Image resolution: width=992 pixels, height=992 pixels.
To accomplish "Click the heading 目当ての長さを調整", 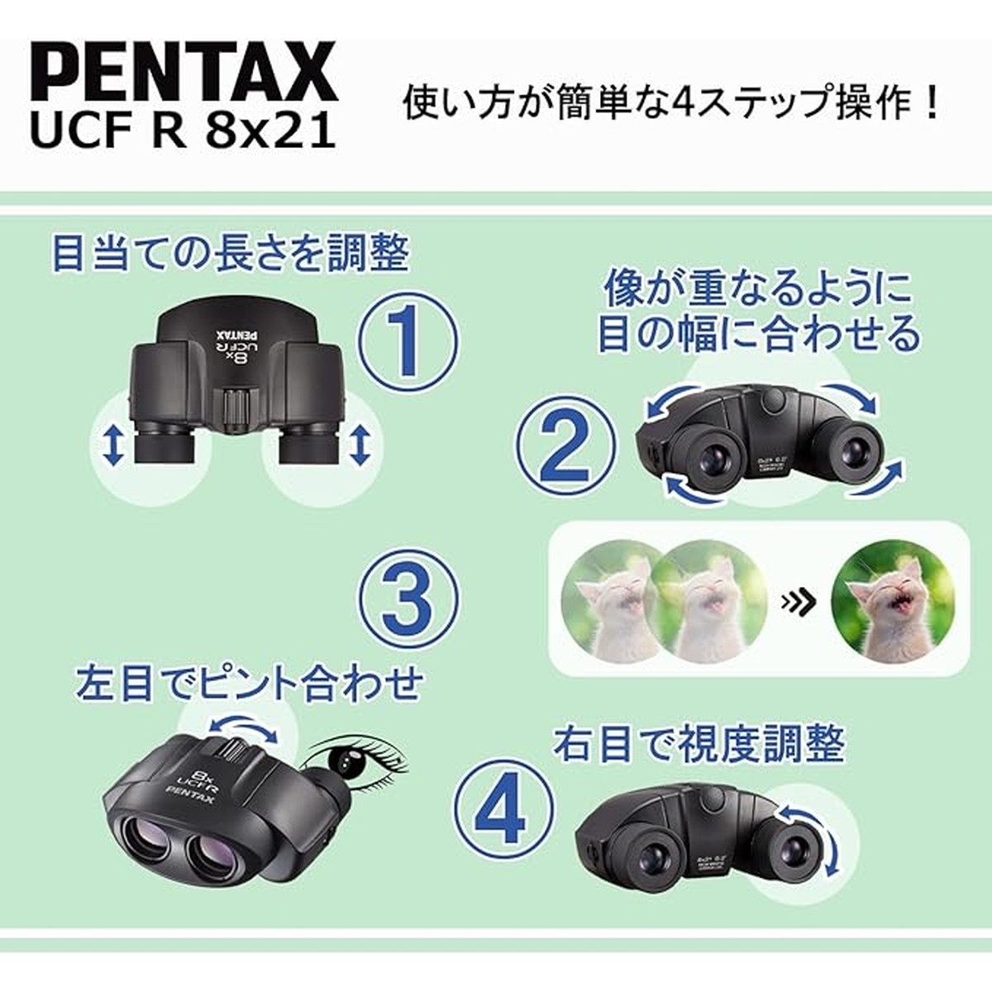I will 230,254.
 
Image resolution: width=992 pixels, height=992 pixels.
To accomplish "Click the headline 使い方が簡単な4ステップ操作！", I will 672,106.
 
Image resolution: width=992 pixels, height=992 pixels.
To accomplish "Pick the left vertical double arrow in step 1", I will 114,446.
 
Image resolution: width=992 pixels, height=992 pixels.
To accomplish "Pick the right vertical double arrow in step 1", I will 359,446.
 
